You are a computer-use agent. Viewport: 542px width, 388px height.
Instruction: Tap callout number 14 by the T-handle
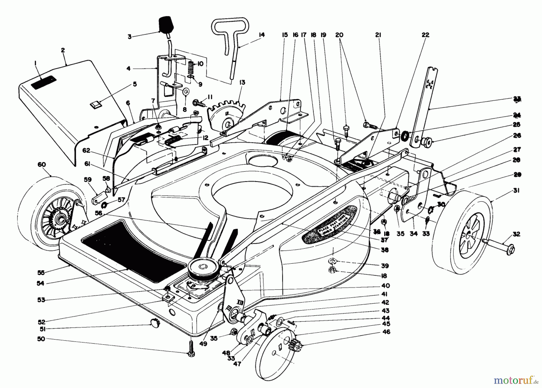pyautogui.click(x=261, y=35)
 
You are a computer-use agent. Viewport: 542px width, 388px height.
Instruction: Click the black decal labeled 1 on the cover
pyautogui.click(x=44, y=82)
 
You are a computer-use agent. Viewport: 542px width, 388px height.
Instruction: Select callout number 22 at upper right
pyautogui.click(x=425, y=35)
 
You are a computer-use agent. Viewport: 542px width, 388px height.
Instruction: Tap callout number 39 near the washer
pyautogui.click(x=382, y=266)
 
